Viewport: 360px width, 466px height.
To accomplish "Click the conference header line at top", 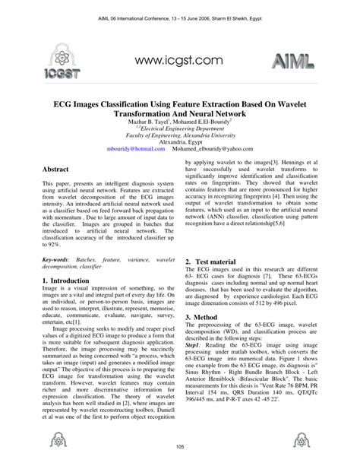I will (179, 14).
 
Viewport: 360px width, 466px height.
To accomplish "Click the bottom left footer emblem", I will (56, 439).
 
